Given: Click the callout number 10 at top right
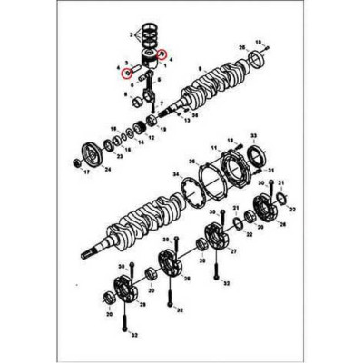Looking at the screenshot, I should tap(263, 42).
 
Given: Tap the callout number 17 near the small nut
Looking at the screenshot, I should tap(87, 172).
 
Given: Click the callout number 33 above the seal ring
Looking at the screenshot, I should tap(253, 134).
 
